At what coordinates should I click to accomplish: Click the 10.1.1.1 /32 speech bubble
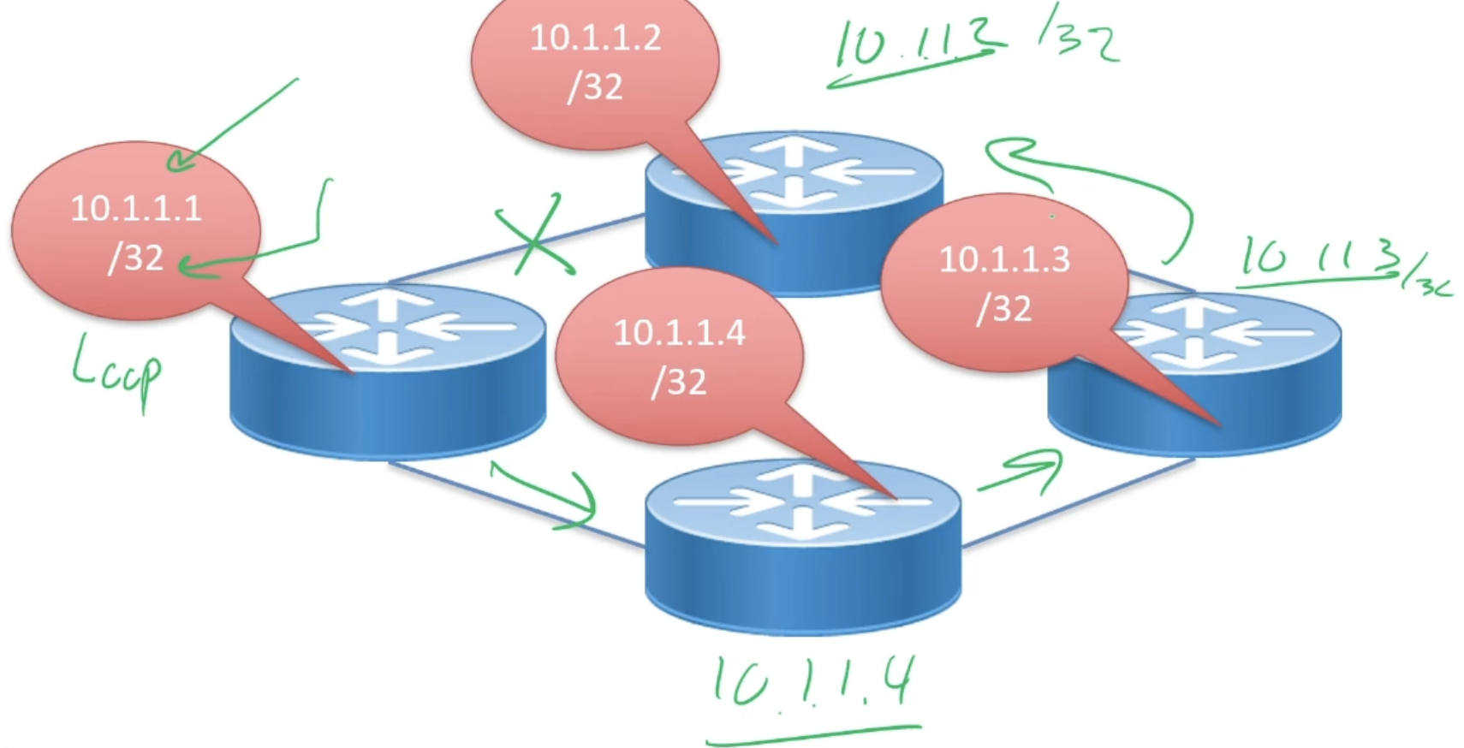point(135,231)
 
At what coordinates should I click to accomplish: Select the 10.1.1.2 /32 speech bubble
point(595,64)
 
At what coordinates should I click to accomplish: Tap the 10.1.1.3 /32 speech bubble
point(1003,282)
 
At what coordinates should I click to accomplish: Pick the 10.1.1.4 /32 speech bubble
point(679,355)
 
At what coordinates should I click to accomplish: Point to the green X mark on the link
point(534,236)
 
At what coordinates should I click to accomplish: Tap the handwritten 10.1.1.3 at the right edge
point(1336,261)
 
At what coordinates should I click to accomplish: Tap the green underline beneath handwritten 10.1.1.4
point(813,734)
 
